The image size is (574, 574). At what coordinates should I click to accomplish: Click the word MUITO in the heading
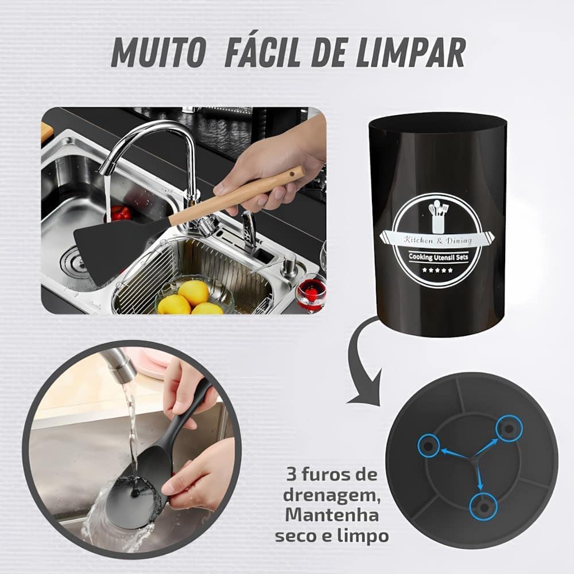[x=158, y=53]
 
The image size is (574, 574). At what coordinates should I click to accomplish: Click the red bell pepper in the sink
[x=120, y=213]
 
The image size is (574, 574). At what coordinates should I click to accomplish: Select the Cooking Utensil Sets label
[x=438, y=258]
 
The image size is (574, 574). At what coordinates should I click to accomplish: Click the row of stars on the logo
[x=437, y=270]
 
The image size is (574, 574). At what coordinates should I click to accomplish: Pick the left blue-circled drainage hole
[x=428, y=445]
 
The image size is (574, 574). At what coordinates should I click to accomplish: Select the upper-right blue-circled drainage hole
[x=509, y=428]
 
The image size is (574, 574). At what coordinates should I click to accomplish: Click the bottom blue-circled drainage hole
[x=482, y=506]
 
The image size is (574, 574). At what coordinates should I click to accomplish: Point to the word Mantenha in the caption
[x=332, y=515]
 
